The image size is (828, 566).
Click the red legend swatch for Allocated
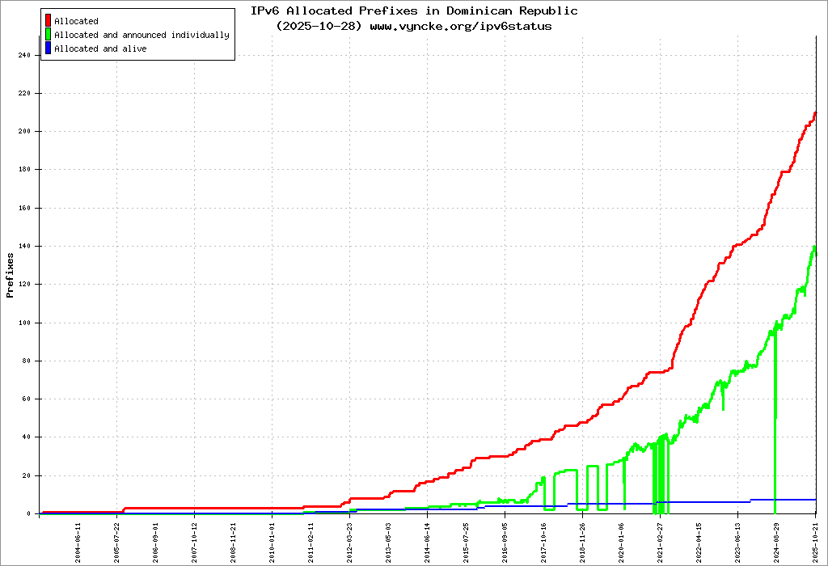(48, 21)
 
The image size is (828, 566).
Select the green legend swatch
(48, 35)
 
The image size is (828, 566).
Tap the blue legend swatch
(48, 49)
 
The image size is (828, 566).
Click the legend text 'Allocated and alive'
(100, 49)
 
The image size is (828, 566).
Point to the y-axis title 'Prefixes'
(11, 275)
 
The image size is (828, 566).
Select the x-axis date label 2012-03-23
(350, 539)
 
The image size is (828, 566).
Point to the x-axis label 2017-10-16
(544, 539)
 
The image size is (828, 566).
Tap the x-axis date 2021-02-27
(661, 539)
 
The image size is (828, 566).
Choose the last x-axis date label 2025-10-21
(816, 539)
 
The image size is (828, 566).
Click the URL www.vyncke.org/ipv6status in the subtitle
(461, 26)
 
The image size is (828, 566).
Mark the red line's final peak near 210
(815, 113)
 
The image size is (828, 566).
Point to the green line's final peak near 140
(814, 247)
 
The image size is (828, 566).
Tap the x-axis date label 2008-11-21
(234, 539)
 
